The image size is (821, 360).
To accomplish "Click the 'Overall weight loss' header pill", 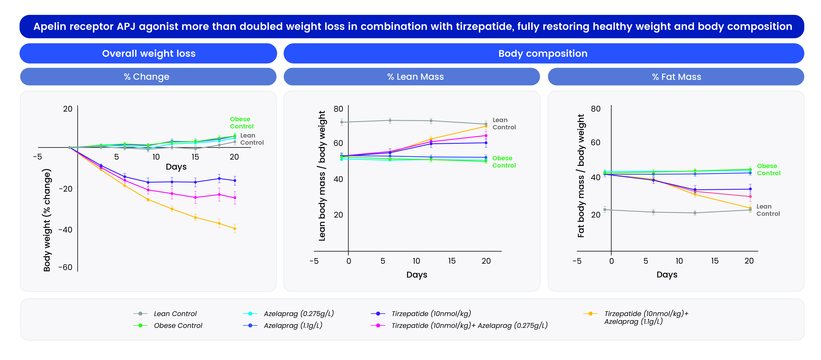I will [149, 54].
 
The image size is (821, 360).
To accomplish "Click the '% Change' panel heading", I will [147, 77].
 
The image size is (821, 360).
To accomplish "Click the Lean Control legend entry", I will [175, 314].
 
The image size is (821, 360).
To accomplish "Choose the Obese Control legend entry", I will [178, 326].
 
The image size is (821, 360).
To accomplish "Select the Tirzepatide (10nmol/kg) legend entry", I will [431, 314].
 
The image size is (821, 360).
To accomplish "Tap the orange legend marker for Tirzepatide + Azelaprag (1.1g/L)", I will [590, 314].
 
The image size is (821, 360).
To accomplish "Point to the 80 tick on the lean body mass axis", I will [338, 109].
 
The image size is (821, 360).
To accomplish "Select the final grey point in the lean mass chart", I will [486, 124].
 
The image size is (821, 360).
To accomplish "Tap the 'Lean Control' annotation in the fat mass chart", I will [768, 210].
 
